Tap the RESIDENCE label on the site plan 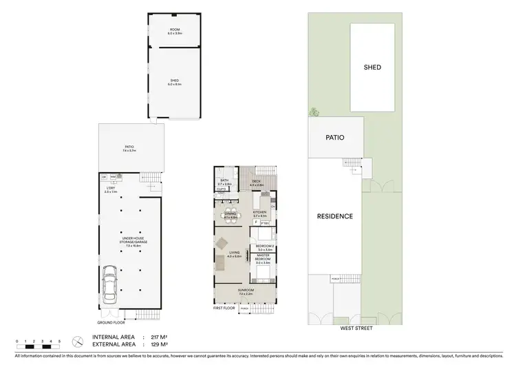(x=335, y=216)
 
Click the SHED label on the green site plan (x=372, y=67)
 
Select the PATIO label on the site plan (x=334, y=138)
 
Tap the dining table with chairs (x=229, y=214)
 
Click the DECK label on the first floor (x=257, y=182)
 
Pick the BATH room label (x=224, y=182)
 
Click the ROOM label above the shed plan (x=175, y=30)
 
